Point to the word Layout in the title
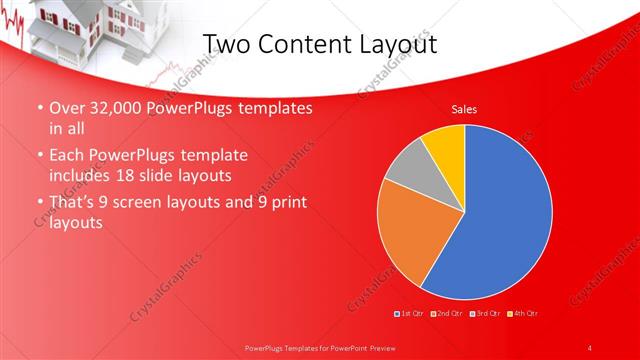[x=400, y=45]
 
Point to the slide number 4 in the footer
[x=590, y=347]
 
